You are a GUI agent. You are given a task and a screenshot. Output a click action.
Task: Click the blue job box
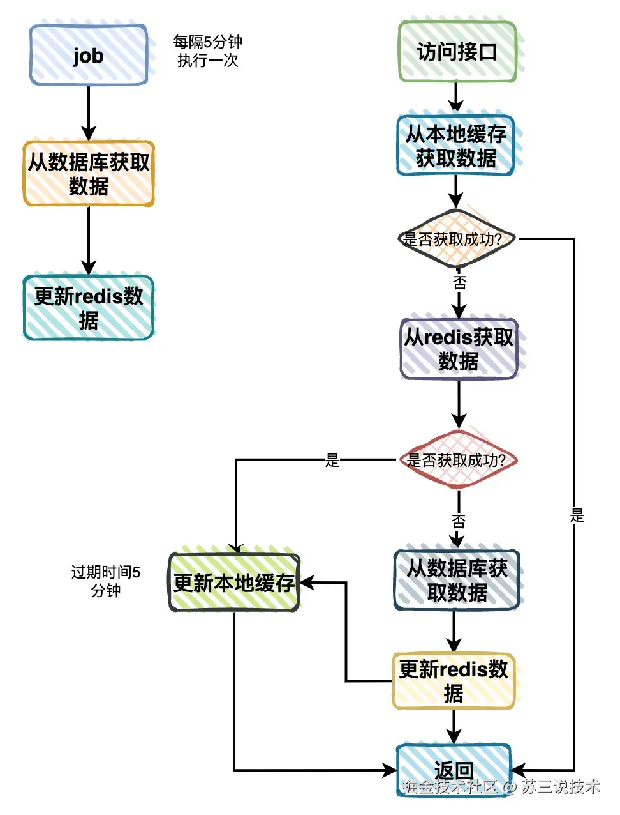[x=89, y=55]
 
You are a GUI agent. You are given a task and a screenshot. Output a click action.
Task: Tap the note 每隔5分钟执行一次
[x=207, y=51]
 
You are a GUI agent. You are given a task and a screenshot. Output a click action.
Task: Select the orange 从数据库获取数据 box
[x=89, y=174]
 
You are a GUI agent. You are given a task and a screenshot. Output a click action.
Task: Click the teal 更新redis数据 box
[x=89, y=307]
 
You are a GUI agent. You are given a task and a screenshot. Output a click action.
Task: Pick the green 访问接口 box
[x=457, y=52]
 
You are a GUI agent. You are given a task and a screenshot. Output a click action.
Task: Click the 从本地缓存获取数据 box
[x=456, y=145]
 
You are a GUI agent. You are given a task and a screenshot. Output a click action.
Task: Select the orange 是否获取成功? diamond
[x=455, y=240]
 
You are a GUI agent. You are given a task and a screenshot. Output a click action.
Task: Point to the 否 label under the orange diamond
[x=459, y=282]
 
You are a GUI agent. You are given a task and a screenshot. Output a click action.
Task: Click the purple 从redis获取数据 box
[x=458, y=349]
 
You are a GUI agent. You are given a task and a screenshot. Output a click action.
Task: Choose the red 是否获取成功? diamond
[x=457, y=460]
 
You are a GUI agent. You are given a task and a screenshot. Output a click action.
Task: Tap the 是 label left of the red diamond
[x=332, y=460]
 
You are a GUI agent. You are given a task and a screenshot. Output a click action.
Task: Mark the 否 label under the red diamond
[x=458, y=521]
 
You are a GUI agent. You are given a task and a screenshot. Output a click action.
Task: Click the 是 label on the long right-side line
[x=577, y=515]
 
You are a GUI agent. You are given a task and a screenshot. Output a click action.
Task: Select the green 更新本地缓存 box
[x=234, y=582]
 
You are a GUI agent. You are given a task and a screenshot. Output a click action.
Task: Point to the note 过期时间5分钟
[x=106, y=581]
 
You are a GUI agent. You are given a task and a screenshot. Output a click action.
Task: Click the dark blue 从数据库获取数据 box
[x=457, y=580]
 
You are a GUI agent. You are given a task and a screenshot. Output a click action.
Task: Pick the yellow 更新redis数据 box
[x=454, y=681]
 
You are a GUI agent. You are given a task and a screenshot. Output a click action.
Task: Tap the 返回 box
[x=454, y=770]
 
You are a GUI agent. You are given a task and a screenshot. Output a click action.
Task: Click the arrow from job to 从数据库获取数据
[x=89, y=112]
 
